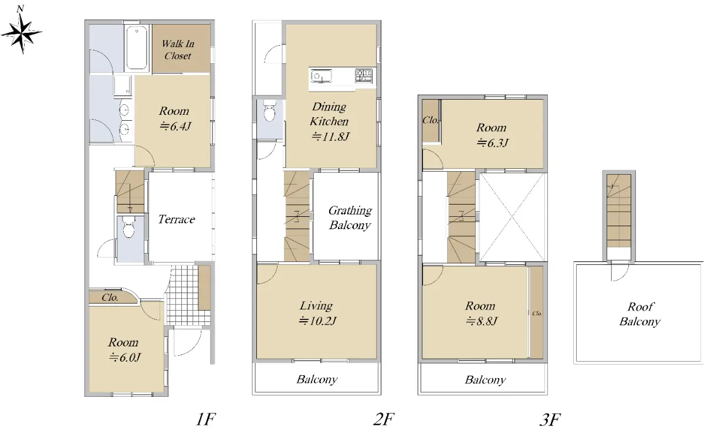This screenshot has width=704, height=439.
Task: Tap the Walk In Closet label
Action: [x=178, y=50]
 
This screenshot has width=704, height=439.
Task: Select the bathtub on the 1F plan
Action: [x=136, y=47]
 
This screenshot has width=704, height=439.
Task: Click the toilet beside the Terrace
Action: [x=128, y=227]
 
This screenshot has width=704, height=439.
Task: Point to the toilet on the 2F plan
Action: [x=269, y=110]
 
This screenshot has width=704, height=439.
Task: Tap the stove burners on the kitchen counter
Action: [x=364, y=76]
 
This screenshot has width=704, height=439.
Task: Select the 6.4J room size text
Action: [x=175, y=126]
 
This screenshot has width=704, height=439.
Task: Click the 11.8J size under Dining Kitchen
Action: [x=330, y=137]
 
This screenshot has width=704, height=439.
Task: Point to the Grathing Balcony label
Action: [x=350, y=217]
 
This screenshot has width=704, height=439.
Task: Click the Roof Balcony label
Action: [x=640, y=314]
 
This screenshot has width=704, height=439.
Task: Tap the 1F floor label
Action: [x=205, y=419]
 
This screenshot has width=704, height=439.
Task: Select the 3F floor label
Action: [x=550, y=420]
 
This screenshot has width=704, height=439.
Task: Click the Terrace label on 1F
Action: [x=177, y=219]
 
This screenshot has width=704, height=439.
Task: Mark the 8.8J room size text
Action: [x=482, y=321]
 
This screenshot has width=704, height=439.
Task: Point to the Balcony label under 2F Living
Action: [x=317, y=380]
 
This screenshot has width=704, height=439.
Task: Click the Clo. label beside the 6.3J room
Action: [x=431, y=120]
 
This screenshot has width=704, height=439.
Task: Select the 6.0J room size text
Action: [x=125, y=358]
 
